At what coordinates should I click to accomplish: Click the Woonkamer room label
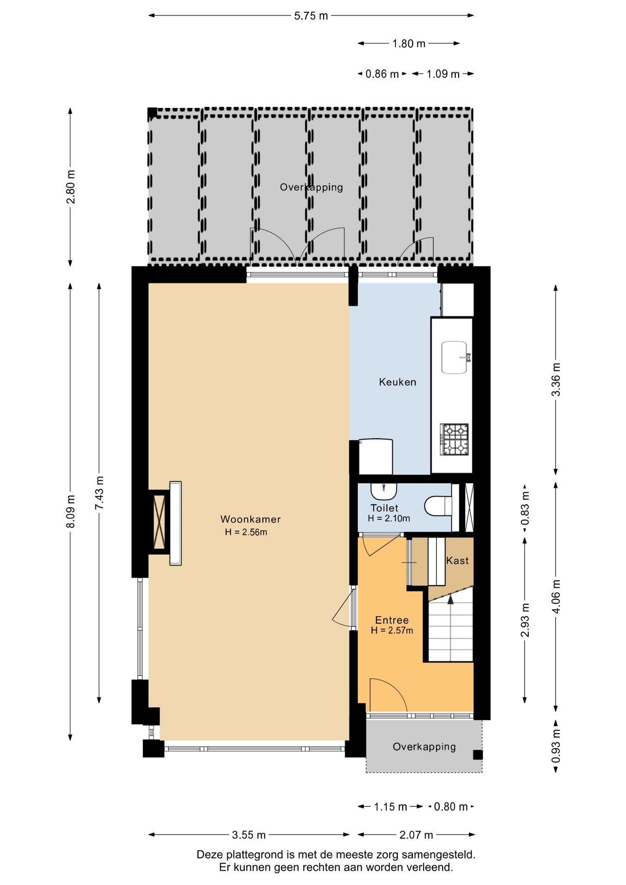tap(250, 519)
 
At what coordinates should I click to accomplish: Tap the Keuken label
tap(397, 382)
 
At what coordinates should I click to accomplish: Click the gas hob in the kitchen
tap(455, 439)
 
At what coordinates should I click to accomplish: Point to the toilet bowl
tap(438, 506)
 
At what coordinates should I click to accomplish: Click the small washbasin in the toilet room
tap(384, 491)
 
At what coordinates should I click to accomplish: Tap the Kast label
tap(457, 560)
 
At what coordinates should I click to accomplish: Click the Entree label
tap(392, 620)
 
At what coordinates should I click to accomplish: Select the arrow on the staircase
tap(450, 599)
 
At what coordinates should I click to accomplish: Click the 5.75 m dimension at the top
tap(311, 16)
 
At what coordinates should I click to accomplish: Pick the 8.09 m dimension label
tap(70, 511)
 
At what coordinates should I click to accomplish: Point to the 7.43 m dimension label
tap(99, 492)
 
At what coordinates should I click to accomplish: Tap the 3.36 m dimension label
tap(556, 379)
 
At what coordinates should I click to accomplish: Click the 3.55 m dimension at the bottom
tap(248, 835)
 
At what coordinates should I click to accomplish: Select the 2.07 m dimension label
tap(416, 835)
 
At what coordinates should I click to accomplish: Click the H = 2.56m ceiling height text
tap(246, 532)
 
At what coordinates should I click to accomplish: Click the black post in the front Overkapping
tap(478, 755)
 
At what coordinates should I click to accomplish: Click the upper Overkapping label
tap(312, 187)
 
